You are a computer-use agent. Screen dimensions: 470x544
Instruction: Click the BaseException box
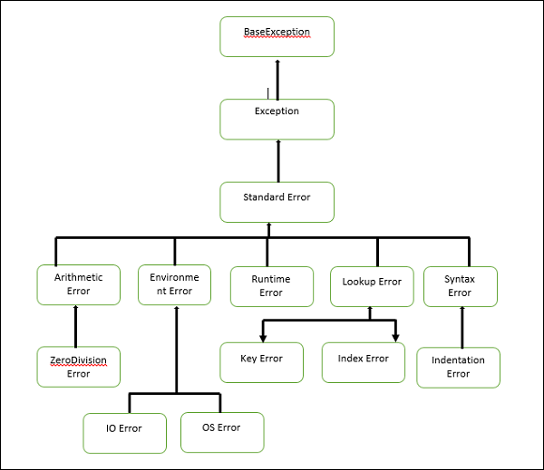coord(277,37)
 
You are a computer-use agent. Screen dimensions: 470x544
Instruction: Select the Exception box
coord(277,119)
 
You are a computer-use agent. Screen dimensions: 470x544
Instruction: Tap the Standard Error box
coord(277,202)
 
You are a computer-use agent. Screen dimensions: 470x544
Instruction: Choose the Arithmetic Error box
coord(78,284)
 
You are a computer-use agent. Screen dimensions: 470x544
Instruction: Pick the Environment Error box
coord(174,284)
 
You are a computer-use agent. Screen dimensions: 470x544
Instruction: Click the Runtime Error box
coord(271,286)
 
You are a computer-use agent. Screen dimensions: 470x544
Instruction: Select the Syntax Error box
coord(461,286)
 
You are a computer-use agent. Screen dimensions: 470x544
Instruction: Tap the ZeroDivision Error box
coord(78,366)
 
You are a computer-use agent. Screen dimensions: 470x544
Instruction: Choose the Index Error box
coord(363,362)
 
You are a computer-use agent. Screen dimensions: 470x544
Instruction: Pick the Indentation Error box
coord(459,367)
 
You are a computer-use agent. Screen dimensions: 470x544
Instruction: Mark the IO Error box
coord(124,432)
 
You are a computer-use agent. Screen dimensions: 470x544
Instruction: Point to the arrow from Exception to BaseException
coord(277,79)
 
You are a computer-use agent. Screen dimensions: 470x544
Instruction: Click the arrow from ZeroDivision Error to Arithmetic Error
coord(76,325)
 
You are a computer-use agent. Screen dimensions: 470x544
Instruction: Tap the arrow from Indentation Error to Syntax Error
coord(462,326)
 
